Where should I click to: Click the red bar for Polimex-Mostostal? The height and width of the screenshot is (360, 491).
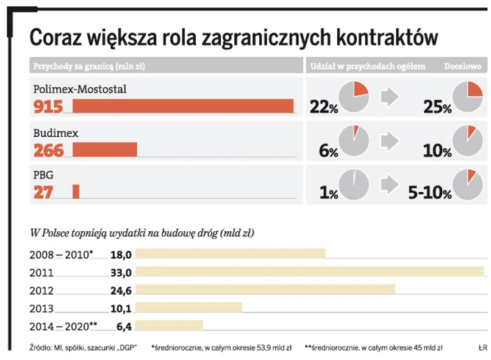click(183, 106)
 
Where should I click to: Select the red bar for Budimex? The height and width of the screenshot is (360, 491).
click(105, 149)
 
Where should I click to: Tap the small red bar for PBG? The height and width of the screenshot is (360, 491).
click(76, 192)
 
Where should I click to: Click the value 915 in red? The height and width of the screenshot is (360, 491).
click(48, 107)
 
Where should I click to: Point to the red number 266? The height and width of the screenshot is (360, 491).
click(48, 150)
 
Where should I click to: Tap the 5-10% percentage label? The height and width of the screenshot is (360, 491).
click(429, 193)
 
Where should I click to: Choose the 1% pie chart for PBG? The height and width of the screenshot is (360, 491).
click(353, 184)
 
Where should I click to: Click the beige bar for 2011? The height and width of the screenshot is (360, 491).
click(309, 272)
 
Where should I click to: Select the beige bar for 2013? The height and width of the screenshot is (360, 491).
click(188, 308)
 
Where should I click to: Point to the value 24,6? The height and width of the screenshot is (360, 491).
click(121, 290)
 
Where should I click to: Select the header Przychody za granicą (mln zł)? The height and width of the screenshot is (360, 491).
click(88, 65)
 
